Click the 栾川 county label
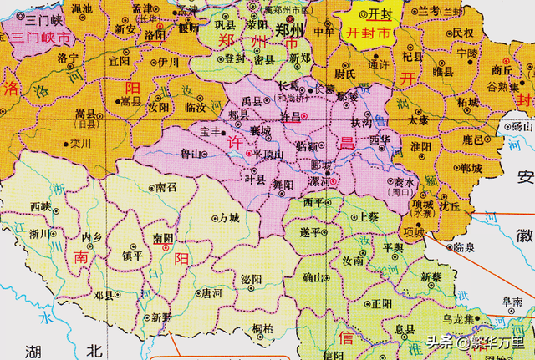click(80, 144)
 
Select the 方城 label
click(228, 217)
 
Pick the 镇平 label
click(131, 256)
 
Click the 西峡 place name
click(40, 205)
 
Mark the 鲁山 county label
click(191, 155)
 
